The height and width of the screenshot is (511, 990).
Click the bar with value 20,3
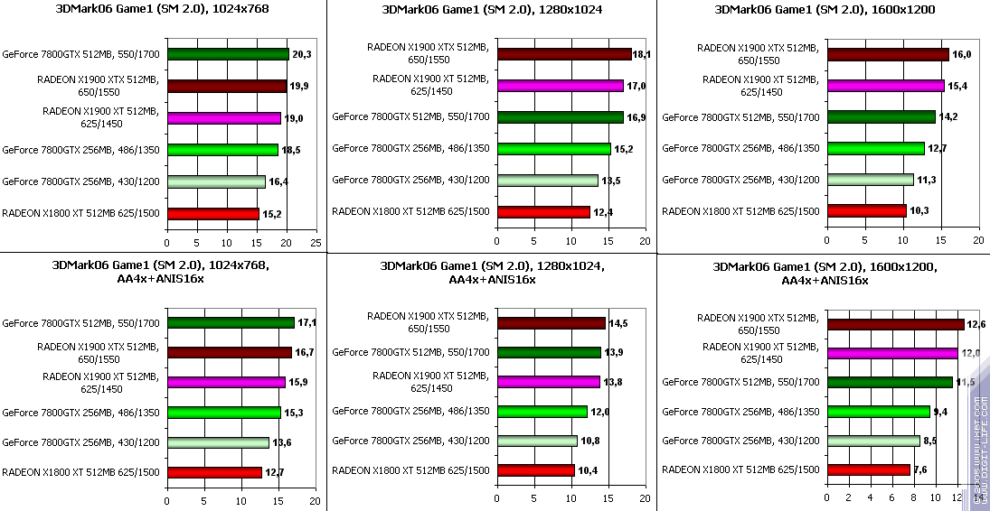(228, 54)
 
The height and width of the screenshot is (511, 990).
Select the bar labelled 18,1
(563, 54)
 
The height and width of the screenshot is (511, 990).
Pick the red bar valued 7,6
(868, 469)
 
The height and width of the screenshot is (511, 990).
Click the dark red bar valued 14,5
(551, 323)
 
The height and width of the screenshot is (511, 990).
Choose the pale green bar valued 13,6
(218, 442)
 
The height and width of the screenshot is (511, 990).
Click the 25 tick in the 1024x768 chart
(316, 243)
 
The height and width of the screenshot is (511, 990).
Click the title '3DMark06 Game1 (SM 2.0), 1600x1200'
(824, 10)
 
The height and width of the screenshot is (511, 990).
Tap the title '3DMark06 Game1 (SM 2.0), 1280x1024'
(492, 10)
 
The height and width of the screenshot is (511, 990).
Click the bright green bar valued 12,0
(542, 412)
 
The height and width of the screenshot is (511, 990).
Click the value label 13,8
(614, 383)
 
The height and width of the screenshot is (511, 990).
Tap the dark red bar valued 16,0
(888, 54)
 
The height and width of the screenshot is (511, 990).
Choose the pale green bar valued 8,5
(872, 441)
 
